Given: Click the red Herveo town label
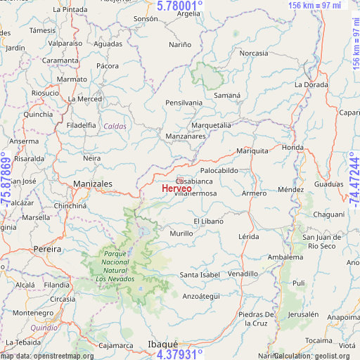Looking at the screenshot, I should (176, 188).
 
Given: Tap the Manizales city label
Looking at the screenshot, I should (92, 184).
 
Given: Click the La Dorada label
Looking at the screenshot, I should (311, 84).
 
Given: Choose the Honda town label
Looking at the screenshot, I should (292, 148).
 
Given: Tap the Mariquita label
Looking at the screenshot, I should (252, 150).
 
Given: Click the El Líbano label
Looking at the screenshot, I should (208, 221).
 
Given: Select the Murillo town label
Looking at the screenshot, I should (181, 233).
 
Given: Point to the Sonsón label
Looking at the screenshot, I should (146, 18).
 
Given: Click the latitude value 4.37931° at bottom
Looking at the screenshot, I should (179, 354).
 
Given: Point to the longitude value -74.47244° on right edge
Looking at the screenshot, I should (353, 179).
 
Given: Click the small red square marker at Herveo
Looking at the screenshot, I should (180, 181).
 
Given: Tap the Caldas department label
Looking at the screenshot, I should (115, 127).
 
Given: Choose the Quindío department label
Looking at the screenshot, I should (44, 327).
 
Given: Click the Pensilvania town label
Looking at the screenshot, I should (184, 103).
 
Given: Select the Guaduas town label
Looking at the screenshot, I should (328, 184).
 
